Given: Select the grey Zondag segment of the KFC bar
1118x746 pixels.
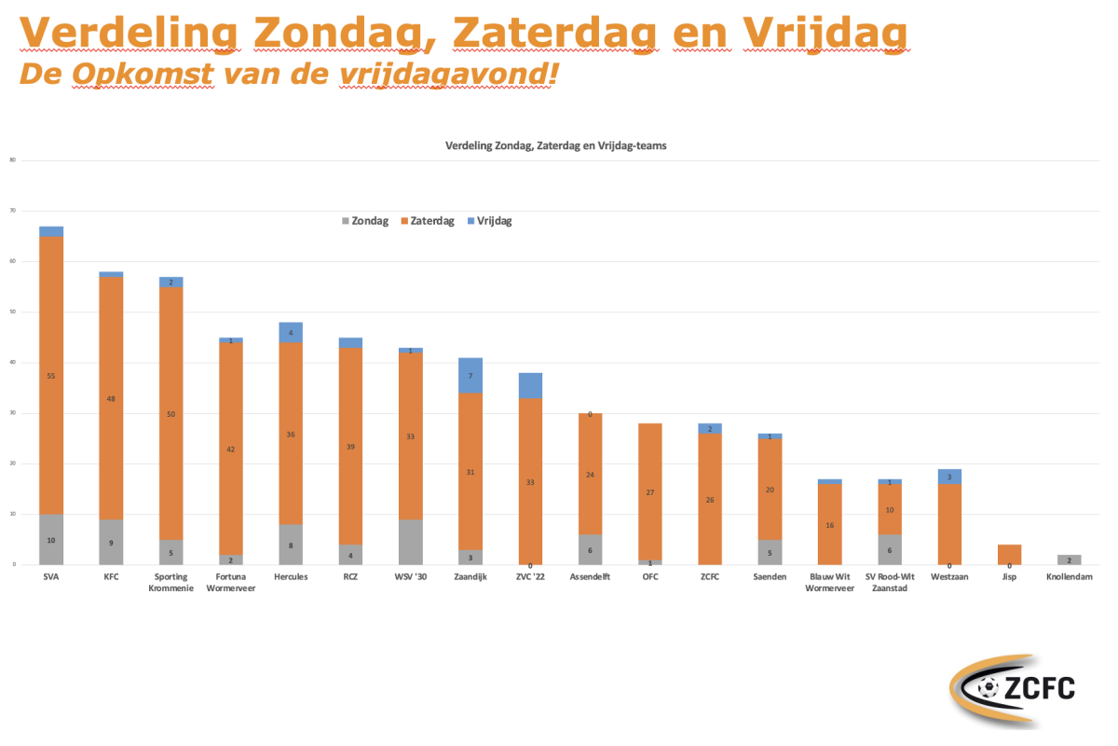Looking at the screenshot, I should click(111, 542).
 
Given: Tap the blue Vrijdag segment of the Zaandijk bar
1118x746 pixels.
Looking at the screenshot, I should click(470, 376).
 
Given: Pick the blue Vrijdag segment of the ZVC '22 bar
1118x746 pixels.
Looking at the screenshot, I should click(530, 386).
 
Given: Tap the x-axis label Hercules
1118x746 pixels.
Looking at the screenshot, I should click(291, 577).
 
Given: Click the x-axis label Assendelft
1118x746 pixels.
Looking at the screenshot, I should click(589, 577).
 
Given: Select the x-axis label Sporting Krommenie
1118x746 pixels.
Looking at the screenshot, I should click(171, 583).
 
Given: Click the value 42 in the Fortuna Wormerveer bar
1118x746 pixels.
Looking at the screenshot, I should click(231, 449).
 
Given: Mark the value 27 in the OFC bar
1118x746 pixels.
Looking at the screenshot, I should click(649, 492).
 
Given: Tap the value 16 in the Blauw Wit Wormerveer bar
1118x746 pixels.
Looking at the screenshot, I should click(829, 525).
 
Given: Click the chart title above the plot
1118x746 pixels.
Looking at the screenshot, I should click(556, 145).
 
